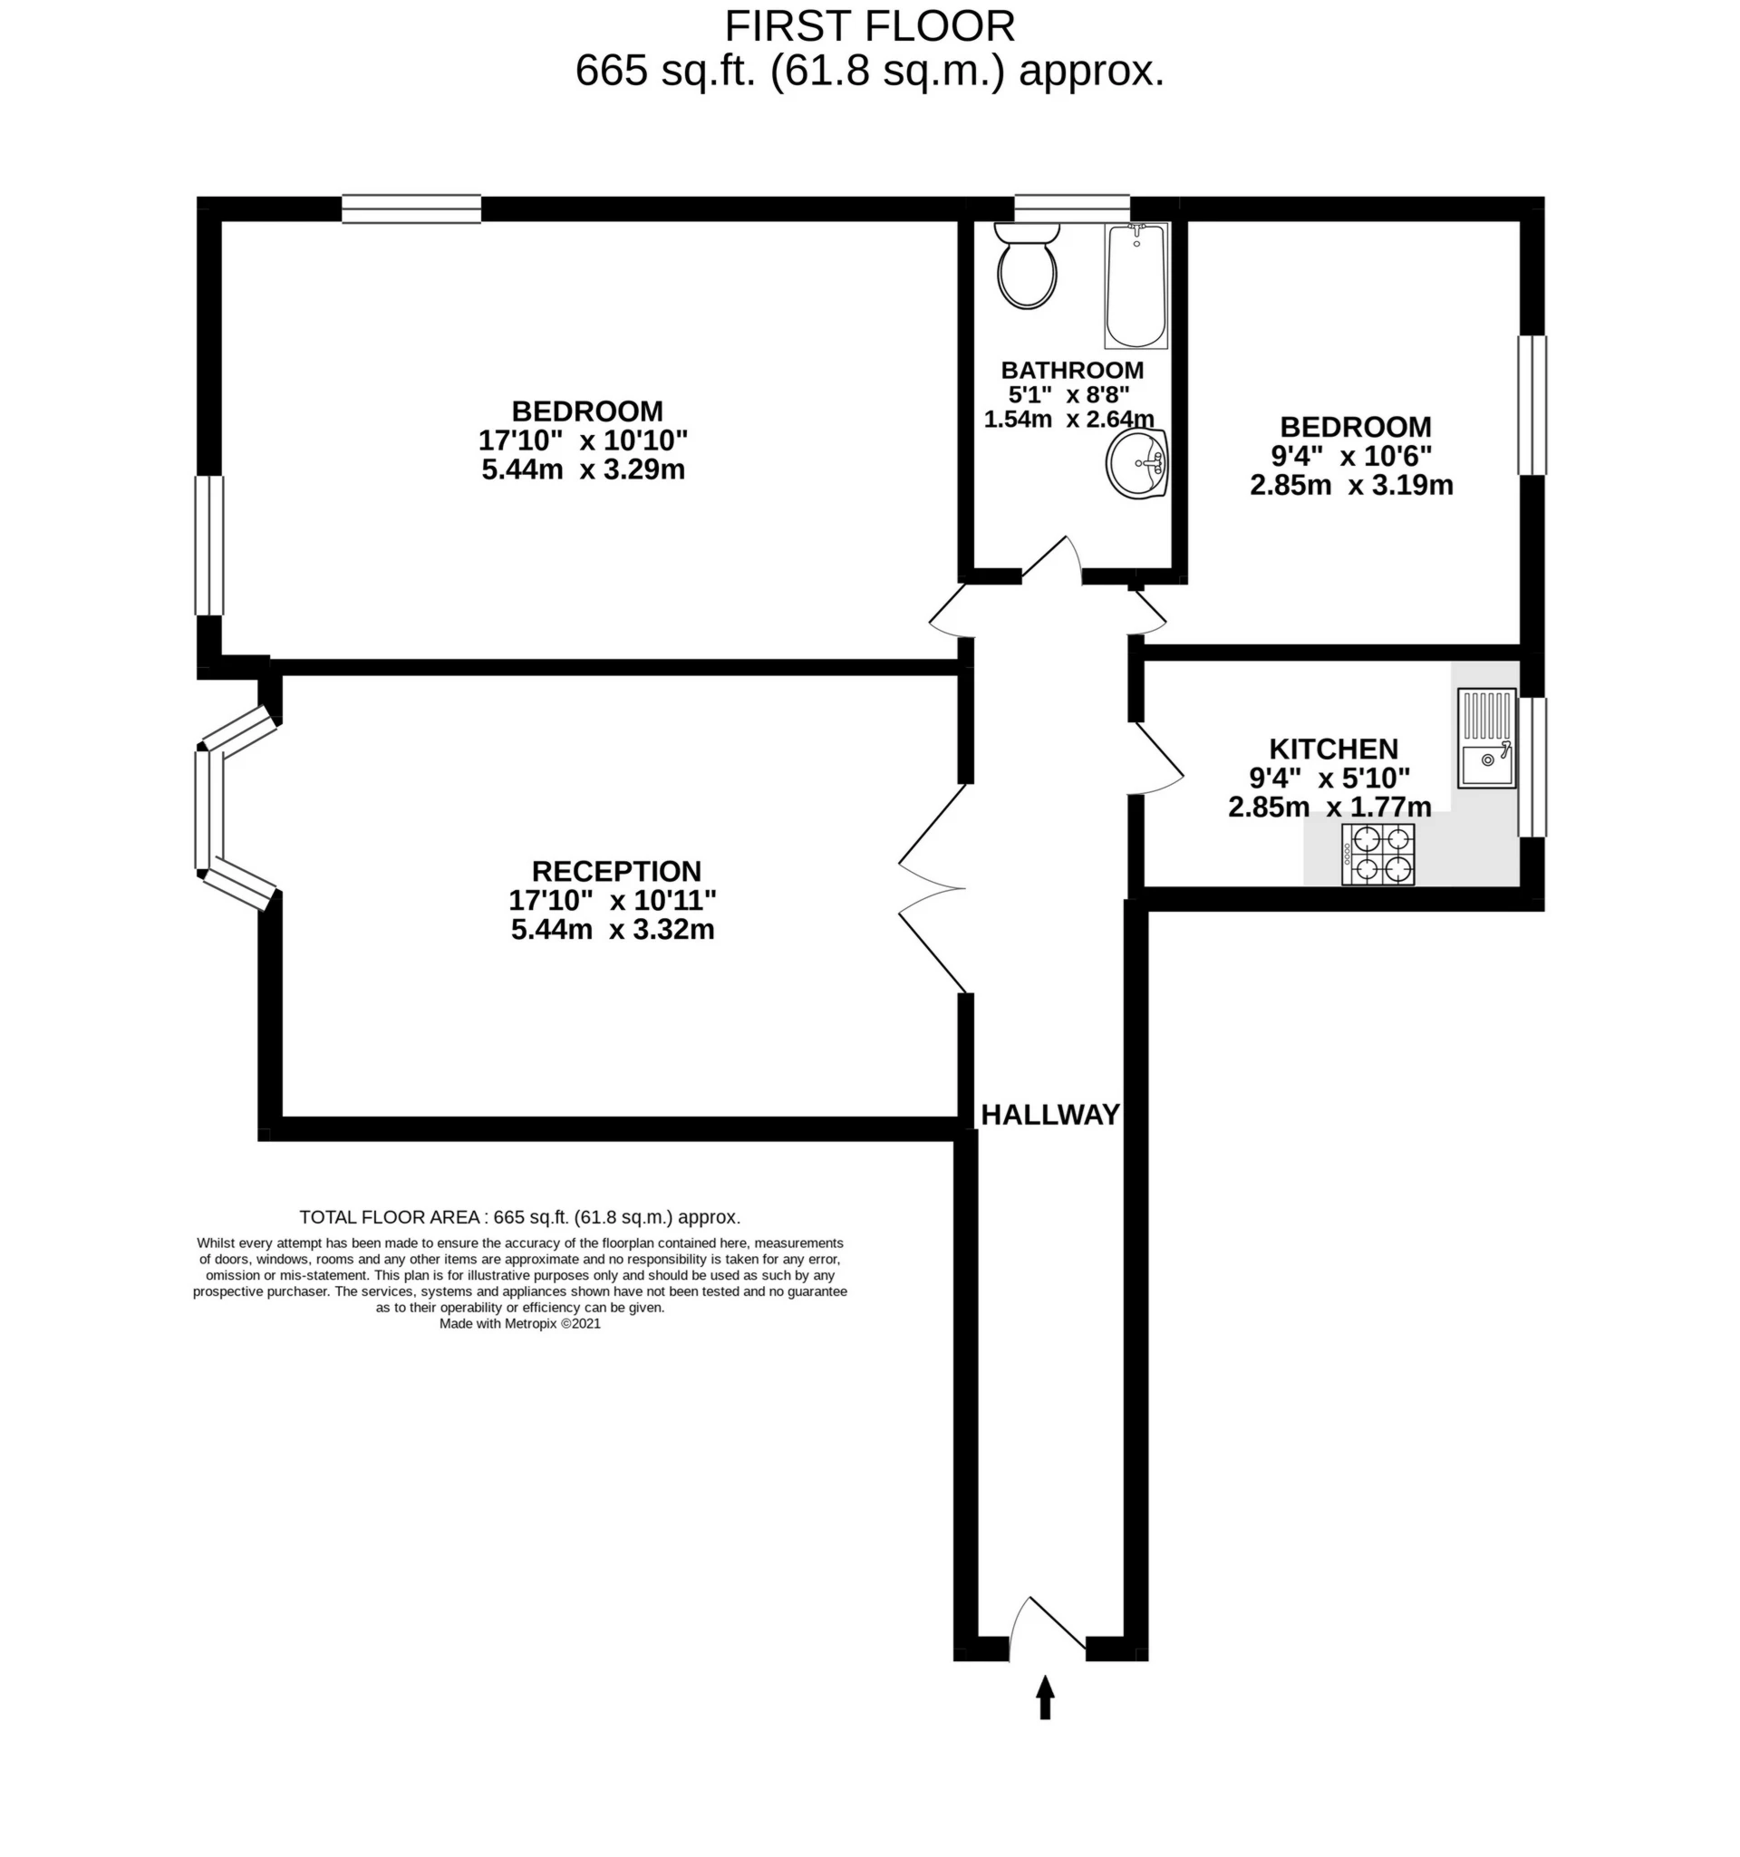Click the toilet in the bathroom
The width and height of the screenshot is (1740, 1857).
(1027, 266)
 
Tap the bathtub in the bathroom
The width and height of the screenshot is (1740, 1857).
(1136, 285)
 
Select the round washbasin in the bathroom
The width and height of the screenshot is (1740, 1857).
(1136, 464)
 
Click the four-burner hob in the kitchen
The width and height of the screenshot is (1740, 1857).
(1377, 854)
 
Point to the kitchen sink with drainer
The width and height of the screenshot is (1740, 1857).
(1486, 738)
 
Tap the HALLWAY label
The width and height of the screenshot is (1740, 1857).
(1049, 1115)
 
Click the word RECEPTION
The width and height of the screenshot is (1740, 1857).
(616, 872)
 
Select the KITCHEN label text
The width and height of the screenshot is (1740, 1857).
(1333, 750)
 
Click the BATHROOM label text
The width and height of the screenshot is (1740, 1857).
(1072, 370)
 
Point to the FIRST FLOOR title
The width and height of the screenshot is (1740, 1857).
(869, 26)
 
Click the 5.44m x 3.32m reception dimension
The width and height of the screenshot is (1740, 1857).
(613, 930)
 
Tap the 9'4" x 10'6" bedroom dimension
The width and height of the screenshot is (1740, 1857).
(1351, 456)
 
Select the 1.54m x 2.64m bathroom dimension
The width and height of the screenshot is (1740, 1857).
(1068, 420)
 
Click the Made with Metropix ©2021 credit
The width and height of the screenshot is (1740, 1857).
(519, 1323)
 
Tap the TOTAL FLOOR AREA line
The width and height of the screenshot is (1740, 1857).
(519, 1217)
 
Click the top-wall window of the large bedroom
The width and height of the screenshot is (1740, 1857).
(411, 209)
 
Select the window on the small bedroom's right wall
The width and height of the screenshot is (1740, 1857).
(1532, 405)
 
